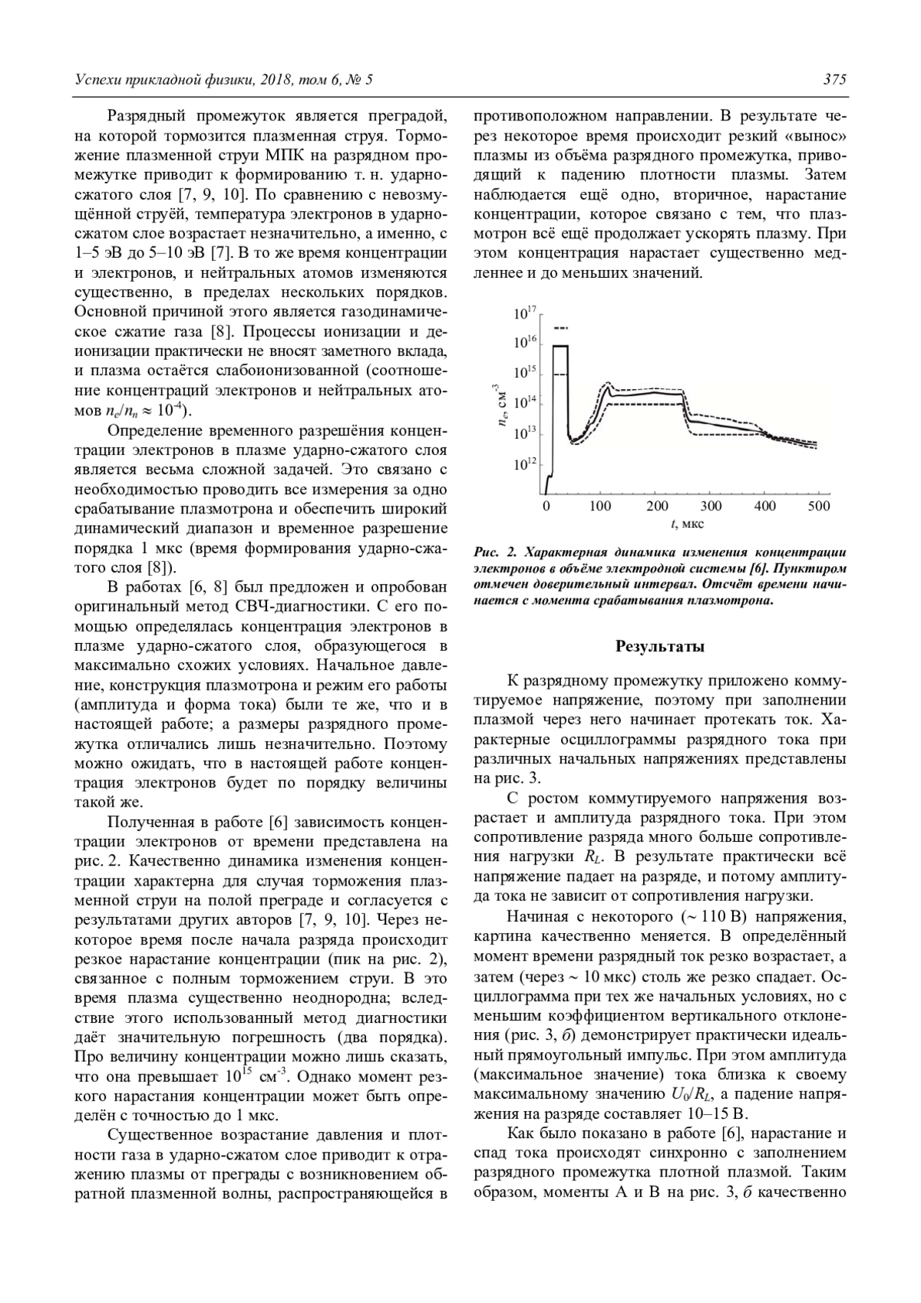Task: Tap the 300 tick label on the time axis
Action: coord(711,506)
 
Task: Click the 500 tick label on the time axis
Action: coord(820,506)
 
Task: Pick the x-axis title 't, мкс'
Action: coord(684,524)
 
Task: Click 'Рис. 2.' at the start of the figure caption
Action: coord(498,552)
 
